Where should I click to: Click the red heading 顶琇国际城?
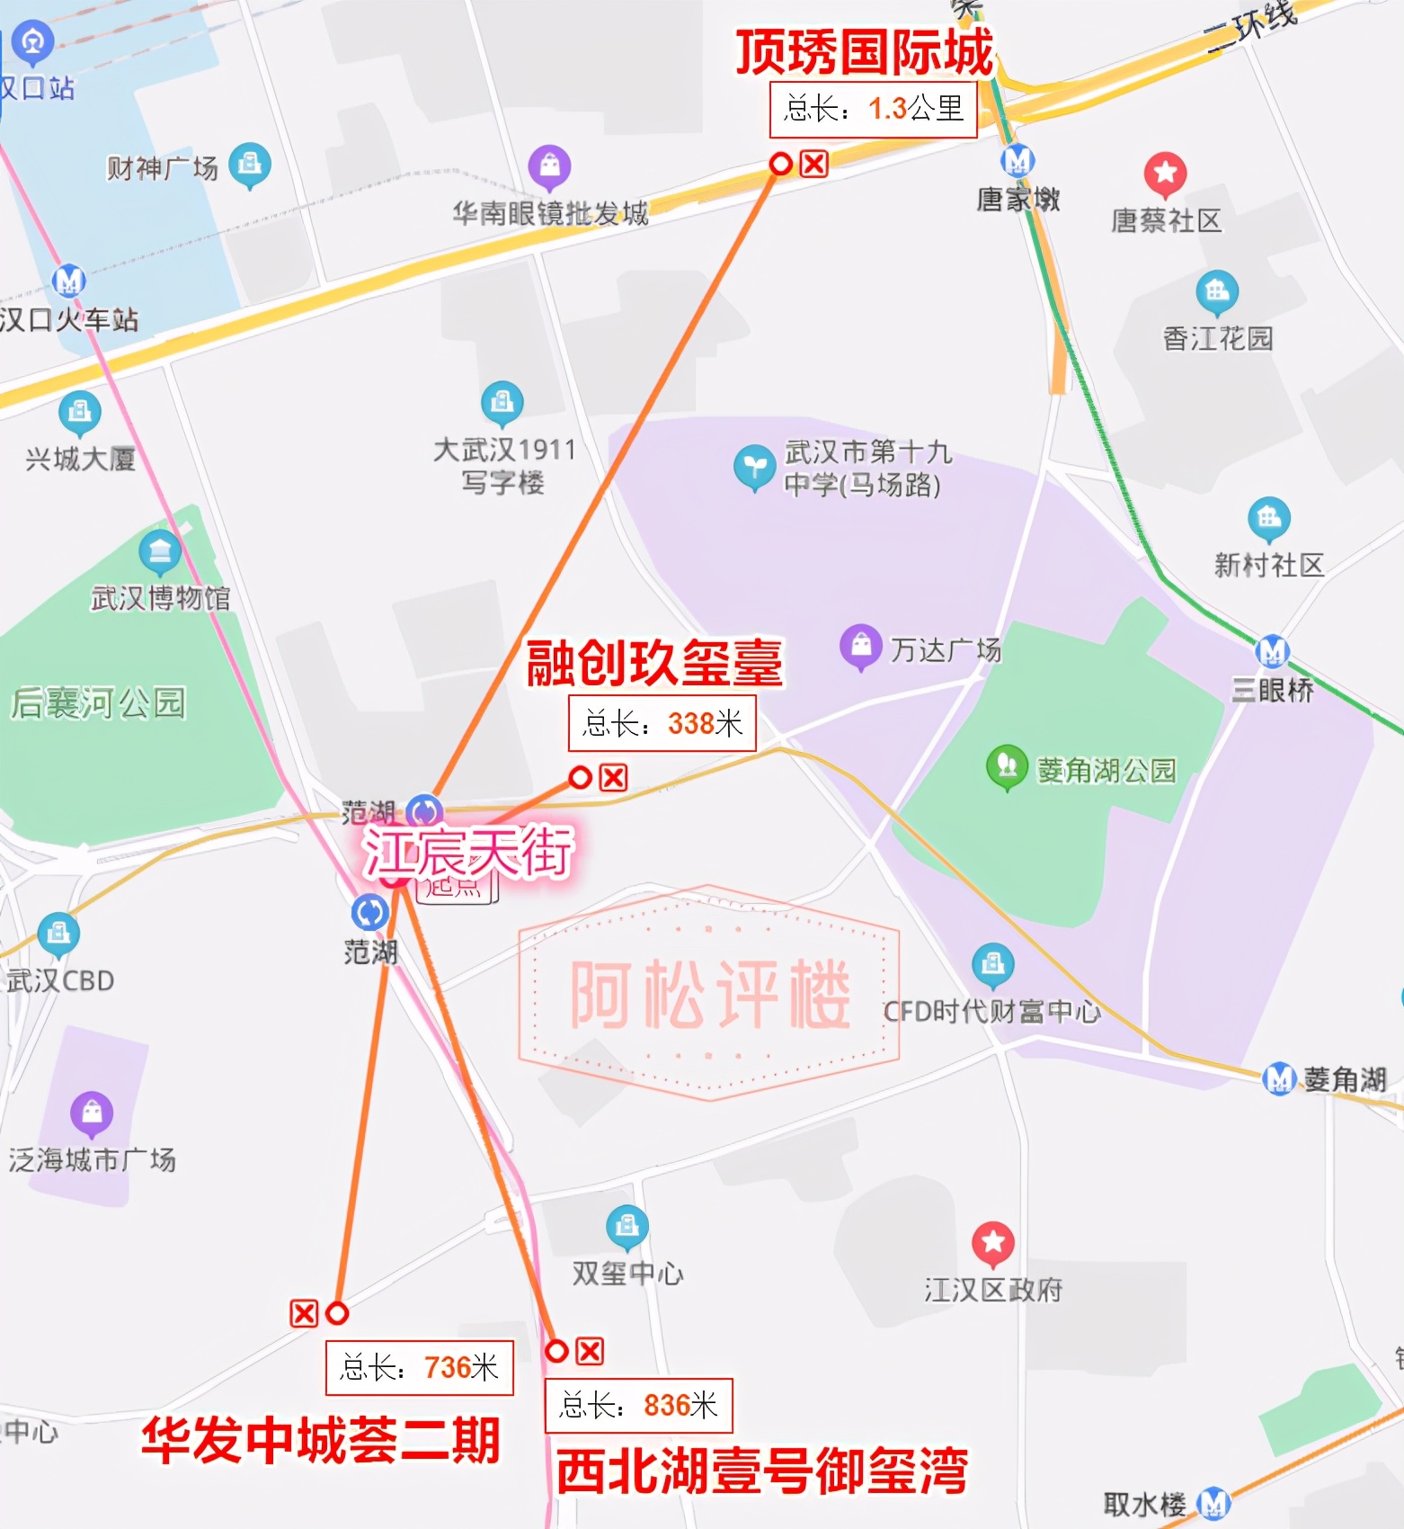(865, 52)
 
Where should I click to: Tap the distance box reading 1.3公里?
(873, 110)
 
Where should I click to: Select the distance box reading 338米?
(662, 723)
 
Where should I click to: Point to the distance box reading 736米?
(419, 1368)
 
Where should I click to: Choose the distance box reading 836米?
(638, 1406)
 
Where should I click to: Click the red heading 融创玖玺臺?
(654, 664)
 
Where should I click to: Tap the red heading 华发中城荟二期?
(321, 1439)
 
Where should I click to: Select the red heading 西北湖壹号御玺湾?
(761, 1471)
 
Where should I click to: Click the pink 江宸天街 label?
(468, 851)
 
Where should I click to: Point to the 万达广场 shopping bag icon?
(860, 646)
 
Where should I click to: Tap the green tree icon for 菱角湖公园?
(1007, 766)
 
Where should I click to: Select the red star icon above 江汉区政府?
(992, 1243)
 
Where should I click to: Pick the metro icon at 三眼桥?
(1272, 650)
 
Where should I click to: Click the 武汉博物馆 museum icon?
(160, 550)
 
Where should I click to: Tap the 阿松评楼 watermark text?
(710, 993)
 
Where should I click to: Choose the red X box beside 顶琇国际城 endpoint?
(813, 164)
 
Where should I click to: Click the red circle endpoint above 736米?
(337, 1313)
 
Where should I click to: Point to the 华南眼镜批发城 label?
(550, 213)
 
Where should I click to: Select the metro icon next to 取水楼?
(1213, 1501)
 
